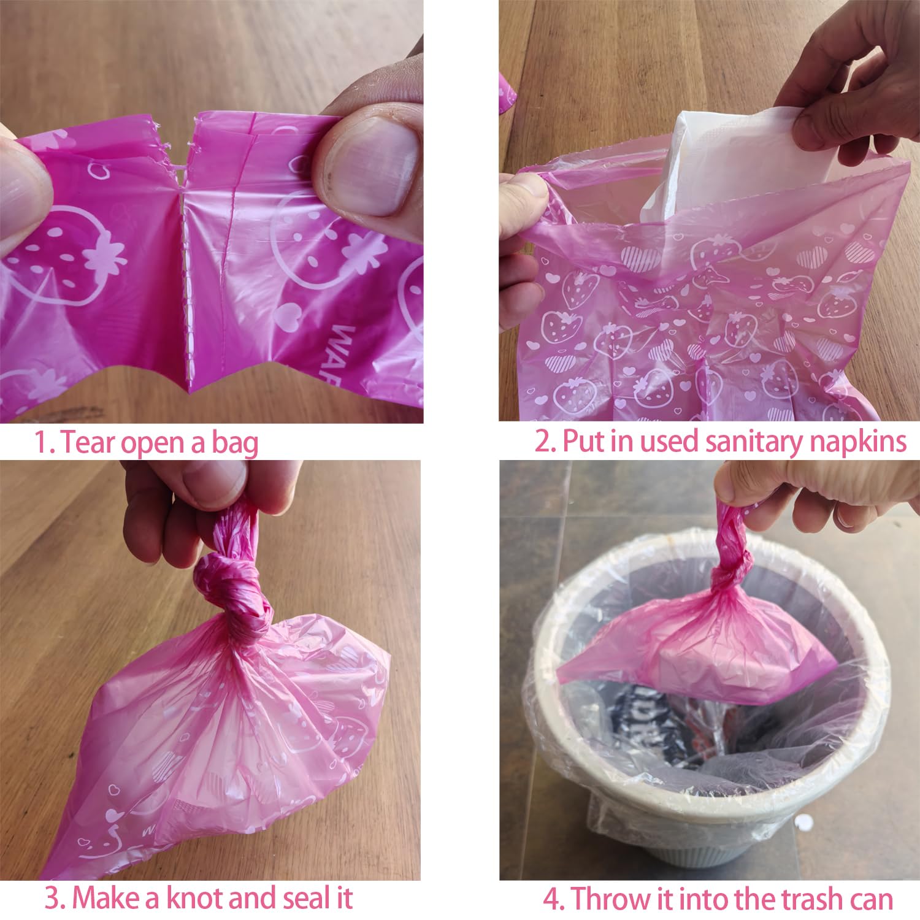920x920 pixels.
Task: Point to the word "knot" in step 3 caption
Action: click(182, 899)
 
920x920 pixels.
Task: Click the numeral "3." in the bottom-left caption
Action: click(56, 899)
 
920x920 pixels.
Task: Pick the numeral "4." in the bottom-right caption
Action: click(556, 899)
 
